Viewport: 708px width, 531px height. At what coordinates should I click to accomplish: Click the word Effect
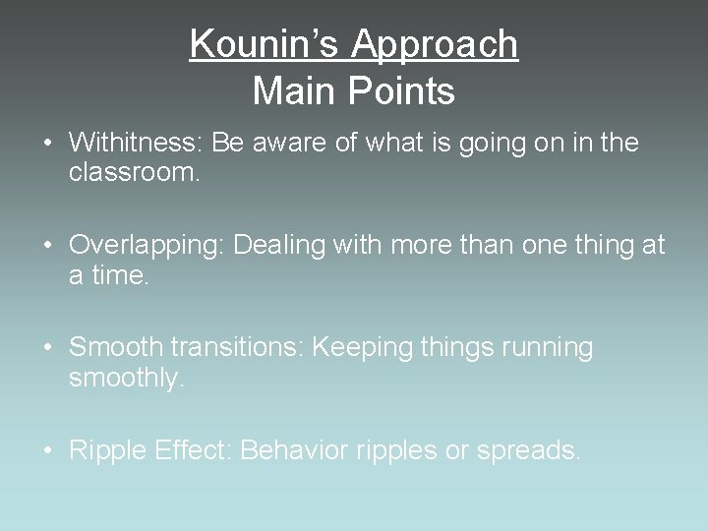[x=192, y=450]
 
